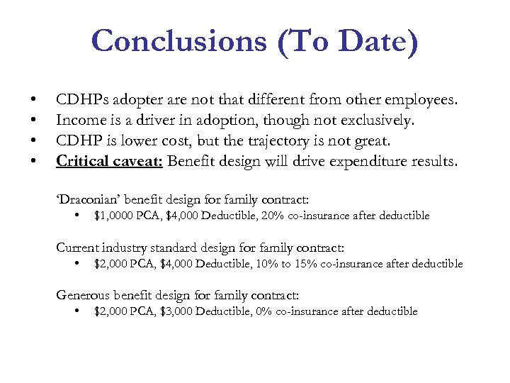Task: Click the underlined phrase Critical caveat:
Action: click(110, 161)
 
